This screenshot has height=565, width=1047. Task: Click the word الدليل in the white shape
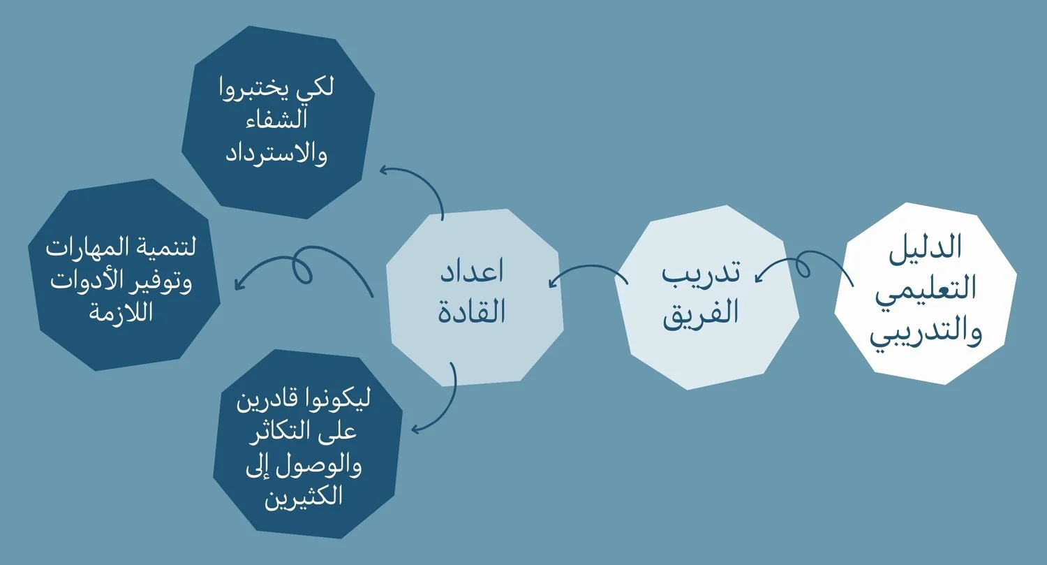click(x=925, y=247)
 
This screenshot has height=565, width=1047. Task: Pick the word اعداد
click(x=472, y=271)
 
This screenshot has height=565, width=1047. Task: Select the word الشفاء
click(x=276, y=119)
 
